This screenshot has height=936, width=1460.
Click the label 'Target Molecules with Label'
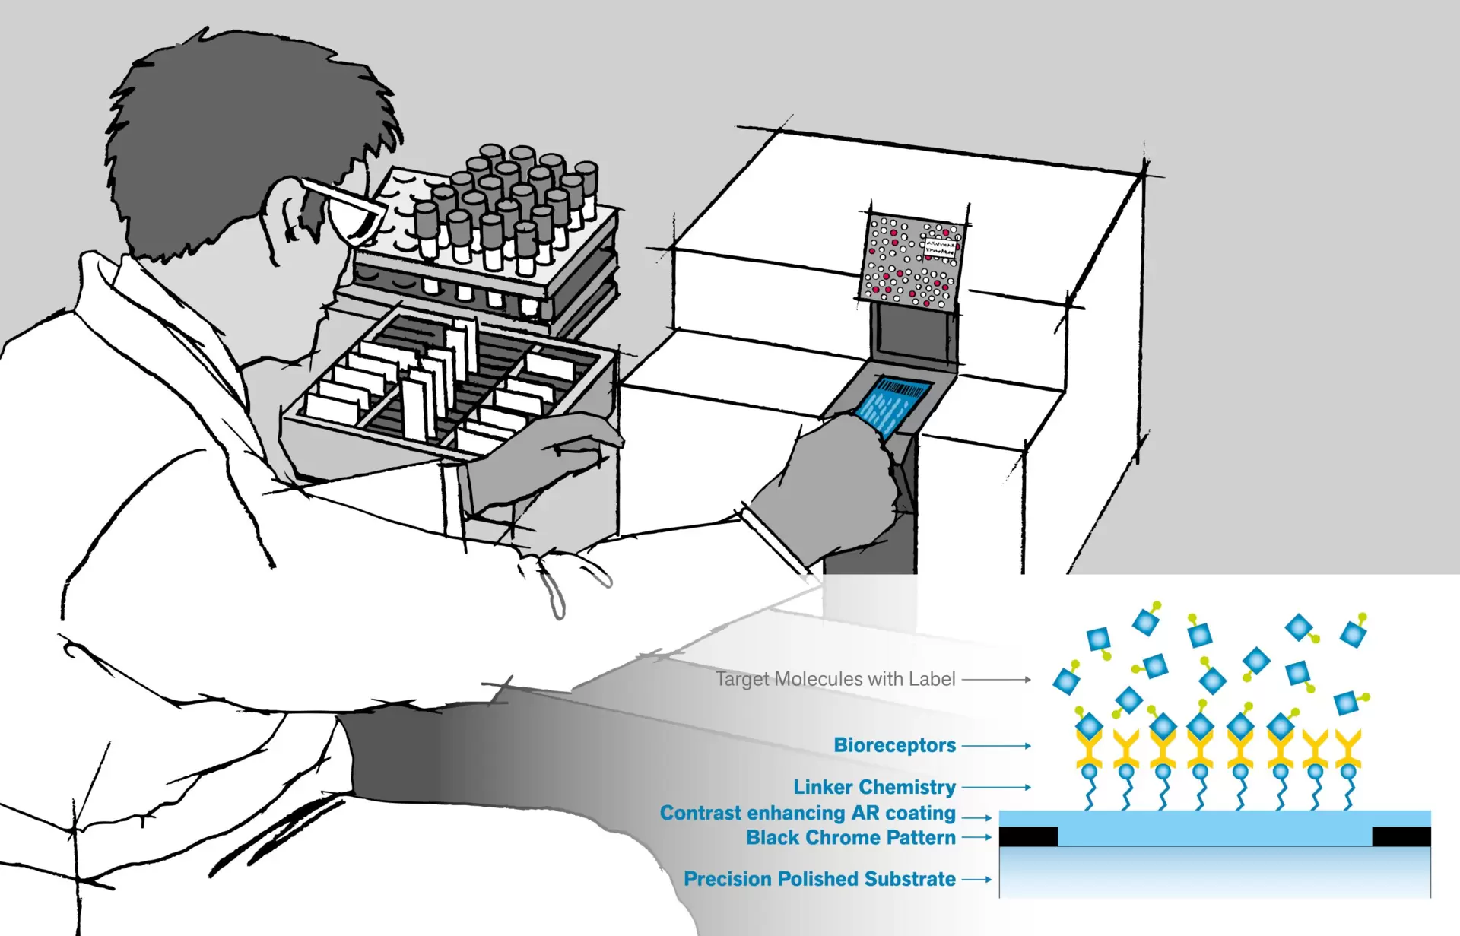click(835, 679)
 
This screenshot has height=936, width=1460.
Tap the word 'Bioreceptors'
click(894, 745)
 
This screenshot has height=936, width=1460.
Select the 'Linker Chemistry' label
click(874, 787)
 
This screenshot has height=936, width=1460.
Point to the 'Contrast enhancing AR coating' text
click(807, 813)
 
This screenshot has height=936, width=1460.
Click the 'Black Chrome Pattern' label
click(850, 838)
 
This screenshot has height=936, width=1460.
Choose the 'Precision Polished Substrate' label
click(819, 879)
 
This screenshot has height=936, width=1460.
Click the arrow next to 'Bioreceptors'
click(996, 746)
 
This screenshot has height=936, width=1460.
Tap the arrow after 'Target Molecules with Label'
click(996, 679)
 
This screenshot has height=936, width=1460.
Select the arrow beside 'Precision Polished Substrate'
click(977, 880)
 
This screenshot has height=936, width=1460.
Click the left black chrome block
click(1027, 836)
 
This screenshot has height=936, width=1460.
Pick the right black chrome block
click(1401, 836)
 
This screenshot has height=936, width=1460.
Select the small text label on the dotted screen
click(940, 246)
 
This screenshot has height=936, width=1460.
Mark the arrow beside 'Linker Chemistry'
click(996, 788)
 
